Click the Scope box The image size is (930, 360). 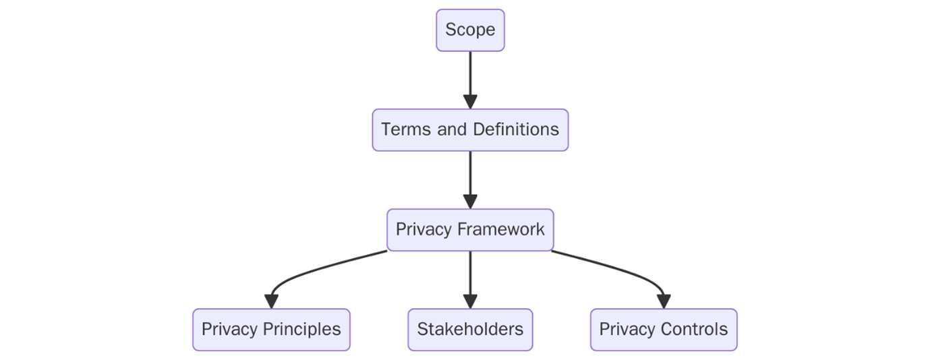click(470, 30)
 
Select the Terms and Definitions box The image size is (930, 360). click(470, 129)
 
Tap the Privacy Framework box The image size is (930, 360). click(470, 230)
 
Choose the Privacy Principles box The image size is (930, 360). click(271, 330)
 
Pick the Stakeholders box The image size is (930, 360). click(470, 330)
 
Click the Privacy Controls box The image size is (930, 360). click(664, 330)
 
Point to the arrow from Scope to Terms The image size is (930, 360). click(470, 78)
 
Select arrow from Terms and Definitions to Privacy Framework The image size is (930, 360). click(470, 177)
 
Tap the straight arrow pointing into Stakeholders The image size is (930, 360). click(470, 276)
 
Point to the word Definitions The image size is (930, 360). click(516, 129)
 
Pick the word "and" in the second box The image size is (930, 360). click(452, 129)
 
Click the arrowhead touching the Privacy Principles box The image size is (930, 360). click(272, 301)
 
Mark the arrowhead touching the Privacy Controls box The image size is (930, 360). click(664, 301)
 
